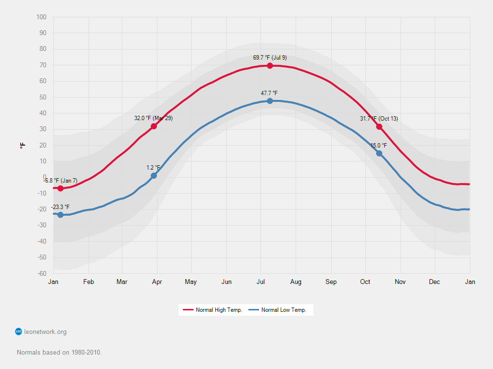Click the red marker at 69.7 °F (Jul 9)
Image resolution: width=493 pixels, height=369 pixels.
click(270, 66)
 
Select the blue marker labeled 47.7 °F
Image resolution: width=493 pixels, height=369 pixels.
click(270, 101)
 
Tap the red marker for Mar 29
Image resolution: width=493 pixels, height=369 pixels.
click(154, 126)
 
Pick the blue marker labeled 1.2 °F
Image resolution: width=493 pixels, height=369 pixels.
click(154, 176)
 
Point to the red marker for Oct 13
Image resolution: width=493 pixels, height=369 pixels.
click(379, 127)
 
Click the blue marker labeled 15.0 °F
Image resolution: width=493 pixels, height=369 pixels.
click(379, 153)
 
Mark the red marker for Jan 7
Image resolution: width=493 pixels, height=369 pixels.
click(60, 188)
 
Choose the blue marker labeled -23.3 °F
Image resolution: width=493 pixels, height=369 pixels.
click(60, 215)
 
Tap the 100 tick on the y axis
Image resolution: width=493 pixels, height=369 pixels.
click(41, 17)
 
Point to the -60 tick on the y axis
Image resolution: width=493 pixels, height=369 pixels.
click(41, 274)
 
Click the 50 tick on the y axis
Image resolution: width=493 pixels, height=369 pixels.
click(43, 98)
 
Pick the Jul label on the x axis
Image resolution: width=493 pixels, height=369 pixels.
click(261, 282)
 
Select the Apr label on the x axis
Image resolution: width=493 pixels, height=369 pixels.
click(157, 282)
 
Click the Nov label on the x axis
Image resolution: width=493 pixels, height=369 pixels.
click(400, 282)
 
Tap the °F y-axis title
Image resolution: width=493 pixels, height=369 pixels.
click(23, 145)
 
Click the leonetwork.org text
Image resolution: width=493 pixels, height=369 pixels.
click(45, 332)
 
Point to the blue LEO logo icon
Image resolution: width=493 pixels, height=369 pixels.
click(19, 332)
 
